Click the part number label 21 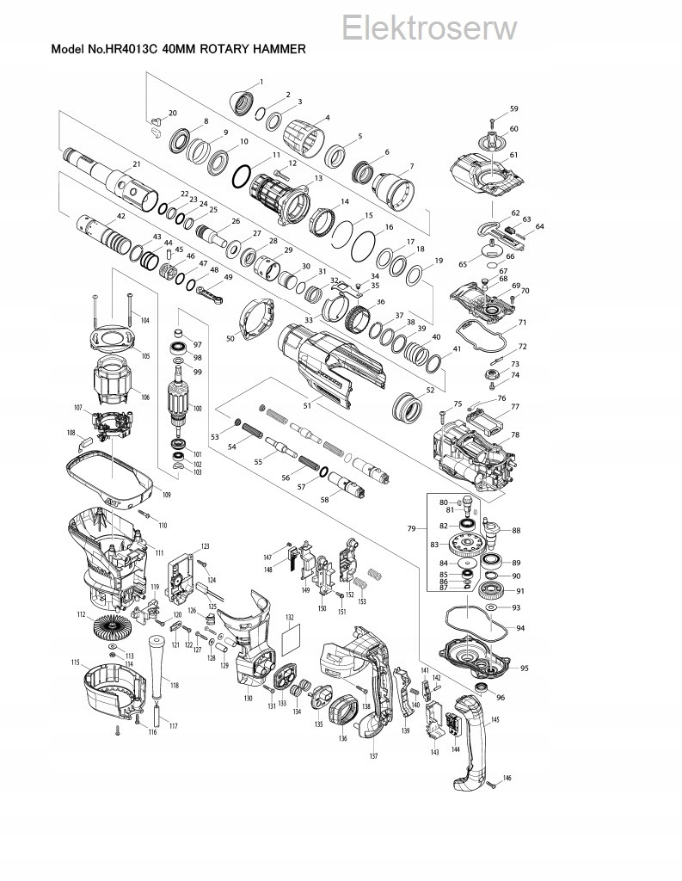[137, 163]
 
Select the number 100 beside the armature [197, 409]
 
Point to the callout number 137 [373, 756]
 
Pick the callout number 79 [411, 527]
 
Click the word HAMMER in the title [278, 51]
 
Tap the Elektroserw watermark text [429, 28]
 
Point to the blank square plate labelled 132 [292, 643]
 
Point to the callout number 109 [167, 495]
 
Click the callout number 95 [524, 668]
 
